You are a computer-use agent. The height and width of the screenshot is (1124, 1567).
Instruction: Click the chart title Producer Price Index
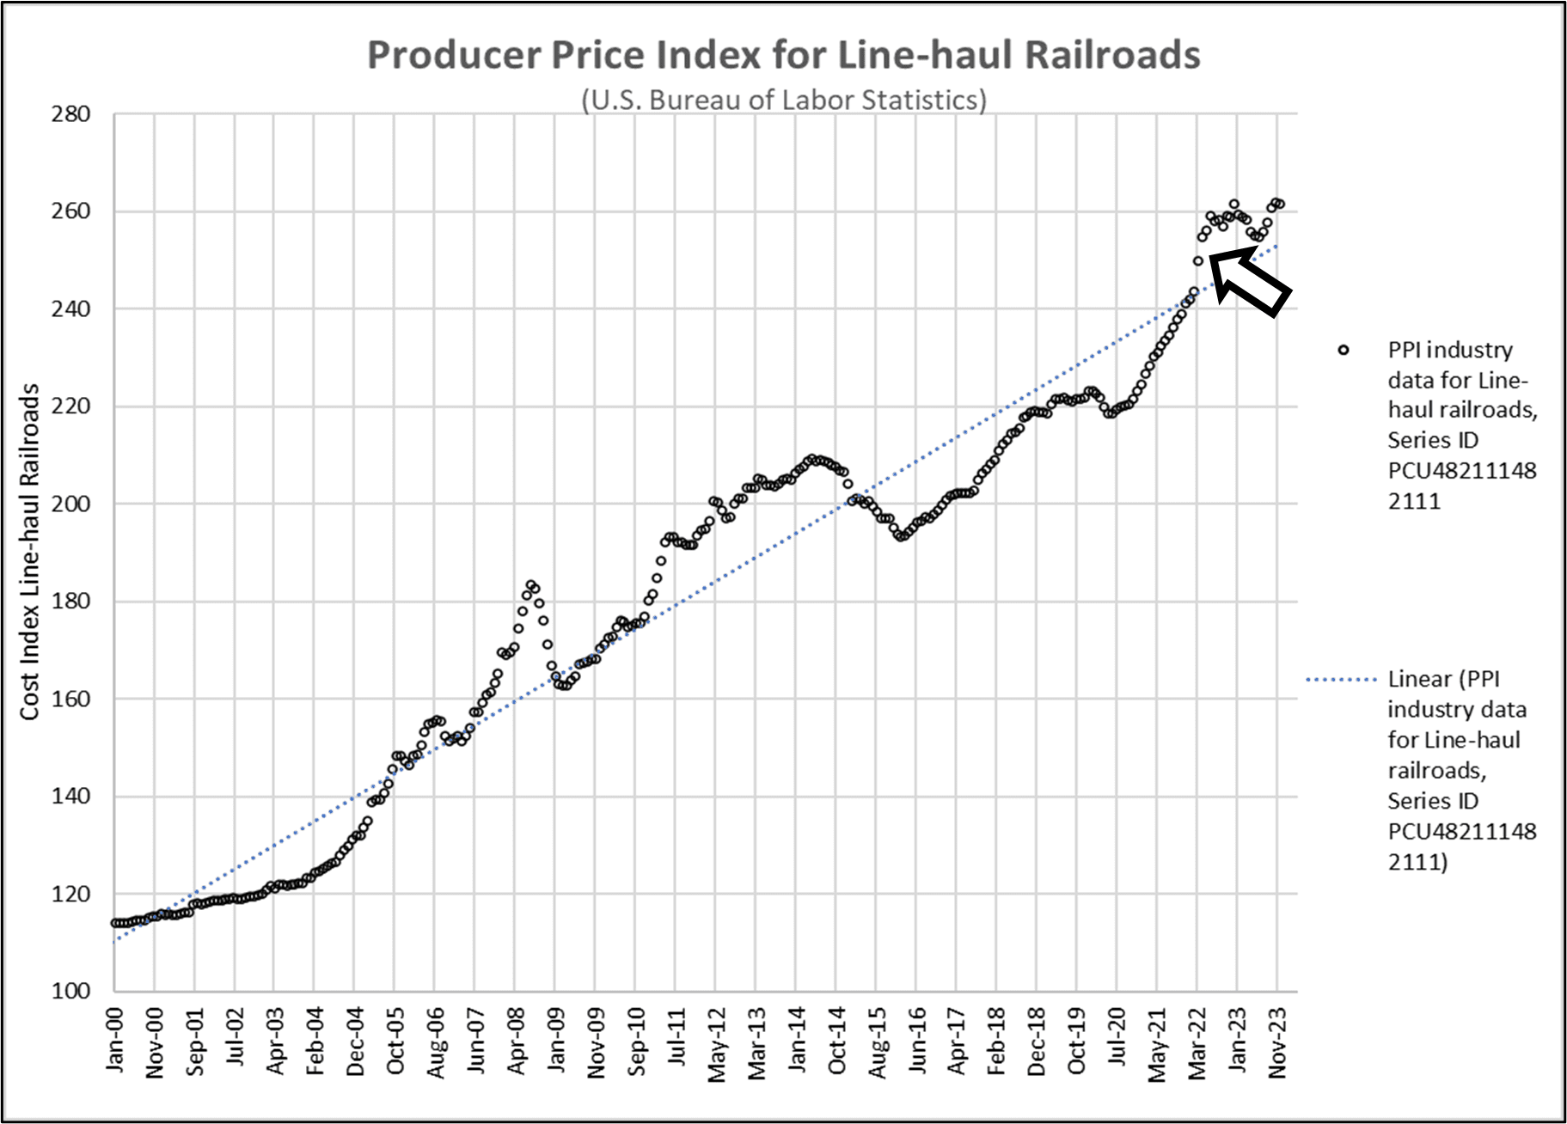pyautogui.click(x=783, y=55)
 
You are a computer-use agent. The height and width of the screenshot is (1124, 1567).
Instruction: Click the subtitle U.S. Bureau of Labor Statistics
pyautogui.click(x=783, y=101)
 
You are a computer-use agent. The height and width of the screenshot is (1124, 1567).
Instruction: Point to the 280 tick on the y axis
pyautogui.click(x=70, y=114)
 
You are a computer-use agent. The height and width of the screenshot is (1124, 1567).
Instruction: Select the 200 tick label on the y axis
pyautogui.click(x=70, y=504)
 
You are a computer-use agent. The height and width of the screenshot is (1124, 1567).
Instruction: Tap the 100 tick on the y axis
pyautogui.click(x=70, y=991)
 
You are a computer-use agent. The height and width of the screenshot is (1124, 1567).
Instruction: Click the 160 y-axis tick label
pyautogui.click(x=70, y=699)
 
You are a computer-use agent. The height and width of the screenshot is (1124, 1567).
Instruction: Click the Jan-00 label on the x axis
pyautogui.click(x=115, y=1041)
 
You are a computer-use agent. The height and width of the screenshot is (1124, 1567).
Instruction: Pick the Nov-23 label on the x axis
pyautogui.click(x=1278, y=1042)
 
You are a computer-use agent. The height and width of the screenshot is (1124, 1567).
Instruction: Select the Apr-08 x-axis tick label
pyautogui.click(x=516, y=1042)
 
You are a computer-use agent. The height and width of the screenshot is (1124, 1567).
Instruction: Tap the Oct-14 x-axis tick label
pyautogui.click(x=837, y=1042)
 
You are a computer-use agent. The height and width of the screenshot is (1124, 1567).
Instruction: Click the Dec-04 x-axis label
pyautogui.click(x=355, y=1042)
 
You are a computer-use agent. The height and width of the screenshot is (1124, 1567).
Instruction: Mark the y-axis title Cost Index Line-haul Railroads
pyautogui.click(x=30, y=552)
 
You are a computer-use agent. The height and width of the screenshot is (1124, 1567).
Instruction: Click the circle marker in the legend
pyautogui.click(x=1344, y=350)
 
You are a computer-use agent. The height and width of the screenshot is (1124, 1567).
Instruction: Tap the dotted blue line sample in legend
pyautogui.click(x=1341, y=680)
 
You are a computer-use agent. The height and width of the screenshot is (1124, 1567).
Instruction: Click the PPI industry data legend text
pyautogui.click(x=1461, y=425)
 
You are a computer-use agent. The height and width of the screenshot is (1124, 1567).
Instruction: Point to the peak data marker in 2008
pyautogui.click(x=531, y=585)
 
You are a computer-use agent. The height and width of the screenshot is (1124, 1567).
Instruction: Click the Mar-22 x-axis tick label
pyautogui.click(x=1197, y=1042)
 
